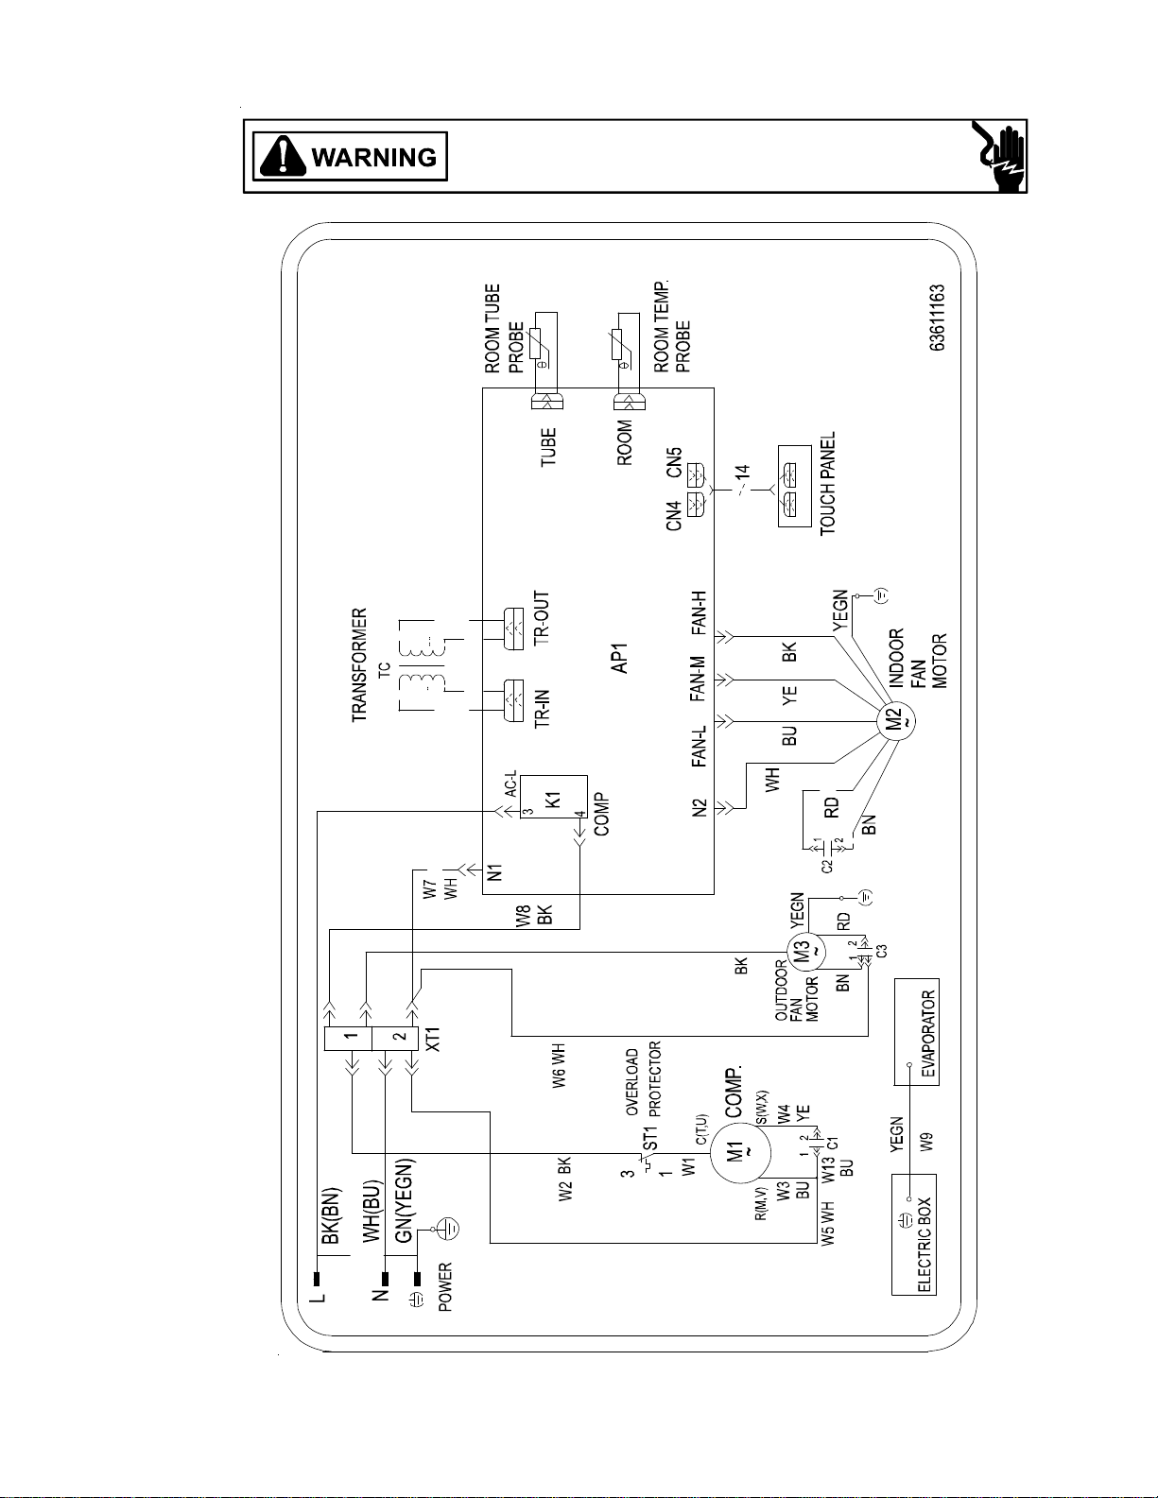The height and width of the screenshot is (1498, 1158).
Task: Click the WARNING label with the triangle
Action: [x=350, y=157]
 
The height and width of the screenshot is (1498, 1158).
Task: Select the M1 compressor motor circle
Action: [x=740, y=1151]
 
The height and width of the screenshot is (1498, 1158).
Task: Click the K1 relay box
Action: [x=554, y=797]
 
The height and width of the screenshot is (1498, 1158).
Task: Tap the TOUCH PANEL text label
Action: [x=827, y=483]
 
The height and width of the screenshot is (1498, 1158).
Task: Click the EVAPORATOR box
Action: [x=917, y=1032]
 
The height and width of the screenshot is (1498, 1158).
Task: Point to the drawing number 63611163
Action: [x=937, y=318]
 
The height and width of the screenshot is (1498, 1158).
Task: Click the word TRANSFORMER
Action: [x=359, y=664]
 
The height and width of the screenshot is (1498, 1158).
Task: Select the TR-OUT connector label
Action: [x=542, y=618]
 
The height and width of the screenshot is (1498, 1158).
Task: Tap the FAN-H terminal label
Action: [x=699, y=612]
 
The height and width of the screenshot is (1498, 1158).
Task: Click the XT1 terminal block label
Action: [x=433, y=1039]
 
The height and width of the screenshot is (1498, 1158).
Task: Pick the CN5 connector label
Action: [x=673, y=462]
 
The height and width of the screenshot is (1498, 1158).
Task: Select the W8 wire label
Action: [x=524, y=916]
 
